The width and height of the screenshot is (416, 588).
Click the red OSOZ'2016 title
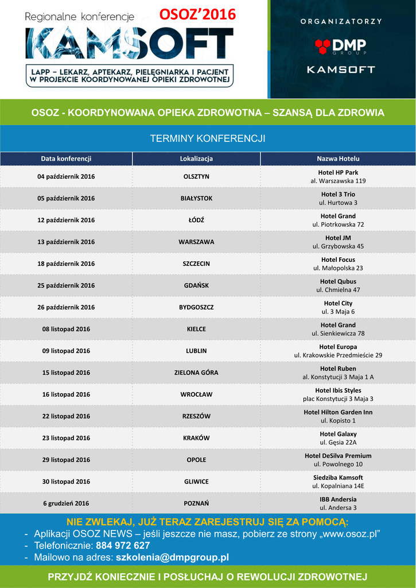pyautogui.click(x=197, y=14)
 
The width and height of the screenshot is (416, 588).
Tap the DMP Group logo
pyautogui.click(x=341, y=46)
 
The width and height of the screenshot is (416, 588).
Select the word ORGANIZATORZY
pyautogui.click(x=341, y=21)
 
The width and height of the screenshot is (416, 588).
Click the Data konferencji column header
pyautogui.click(x=66, y=158)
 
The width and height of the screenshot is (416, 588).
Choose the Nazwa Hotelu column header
pyautogui.click(x=338, y=158)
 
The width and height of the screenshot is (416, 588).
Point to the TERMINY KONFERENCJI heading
pyautogui.click(x=207, y=138)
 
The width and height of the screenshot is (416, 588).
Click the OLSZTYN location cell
pyautogui.click(x=196, y=176)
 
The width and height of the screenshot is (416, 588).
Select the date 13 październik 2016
pyautogui.click(x=66, y=242)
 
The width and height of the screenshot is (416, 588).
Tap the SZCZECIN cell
pyautogui.click(x=196, y=264)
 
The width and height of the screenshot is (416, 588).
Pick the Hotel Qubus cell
pyautogui.click(x=338, y=285)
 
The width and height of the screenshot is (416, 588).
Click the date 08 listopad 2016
pyautogui.click(x=66, y=329)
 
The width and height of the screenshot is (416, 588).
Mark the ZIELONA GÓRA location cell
pyautogui.click(x=196, y=373)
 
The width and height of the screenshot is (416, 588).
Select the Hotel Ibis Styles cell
pyautogui.click(x=338, y=394)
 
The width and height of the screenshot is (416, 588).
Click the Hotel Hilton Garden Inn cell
pyautogui.click(x=338, y=416)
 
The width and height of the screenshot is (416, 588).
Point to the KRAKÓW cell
pyautogui.click(x=196, y=438)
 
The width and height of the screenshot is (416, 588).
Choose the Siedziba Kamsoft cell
pyautogui.click(x=338, y=482)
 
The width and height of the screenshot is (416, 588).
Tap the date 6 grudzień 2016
pyautogui.click(x=66, y=504)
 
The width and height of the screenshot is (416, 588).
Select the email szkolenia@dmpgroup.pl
pyautogui.click(x=172, y=558)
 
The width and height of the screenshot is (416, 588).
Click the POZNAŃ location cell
pyautogui.click(x=196, y=504)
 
